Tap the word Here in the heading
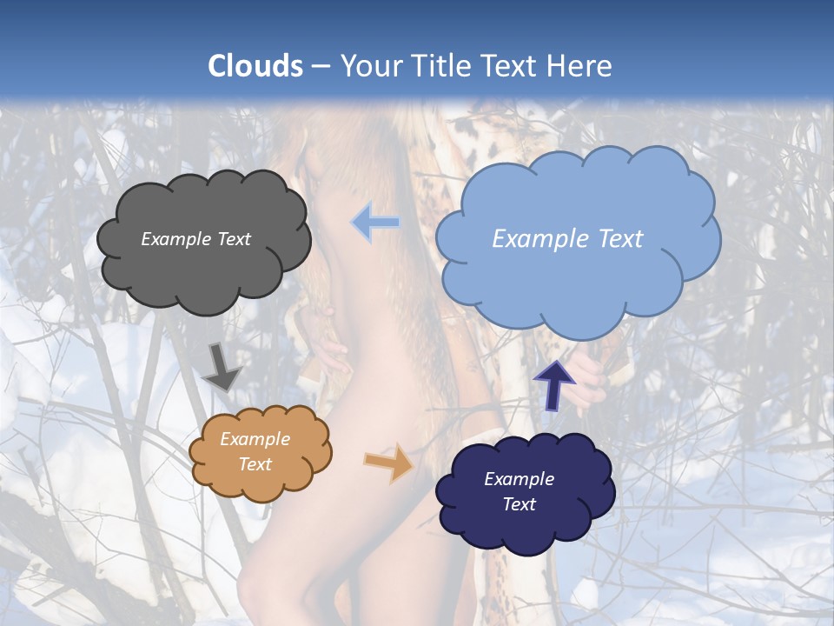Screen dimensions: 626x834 pyautogui.click(x=580, y=66)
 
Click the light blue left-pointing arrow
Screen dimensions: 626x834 pyautogui.click(x=375, y=223)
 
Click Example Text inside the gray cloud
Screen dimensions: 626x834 pyautogui.click(x=195, y=239)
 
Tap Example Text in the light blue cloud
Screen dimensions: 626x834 pyautogui.click(x=567, y=239)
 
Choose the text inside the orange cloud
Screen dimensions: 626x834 pyautogui.click(x=255, y=451)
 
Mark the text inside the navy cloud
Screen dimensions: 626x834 pyautogui.click(x=519, y=491)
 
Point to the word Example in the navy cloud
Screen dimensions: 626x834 pyautogui.click(x=519, y=479)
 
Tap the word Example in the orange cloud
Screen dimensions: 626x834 pyautogui.click(x=255, y=439)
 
